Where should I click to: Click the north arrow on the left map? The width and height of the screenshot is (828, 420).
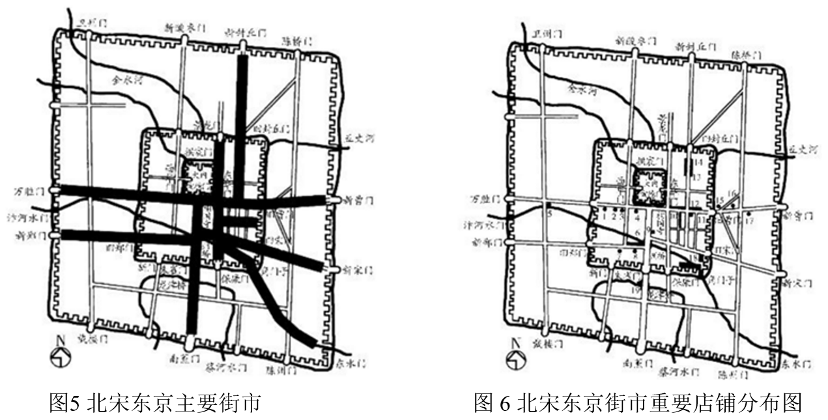coord(61,356)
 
